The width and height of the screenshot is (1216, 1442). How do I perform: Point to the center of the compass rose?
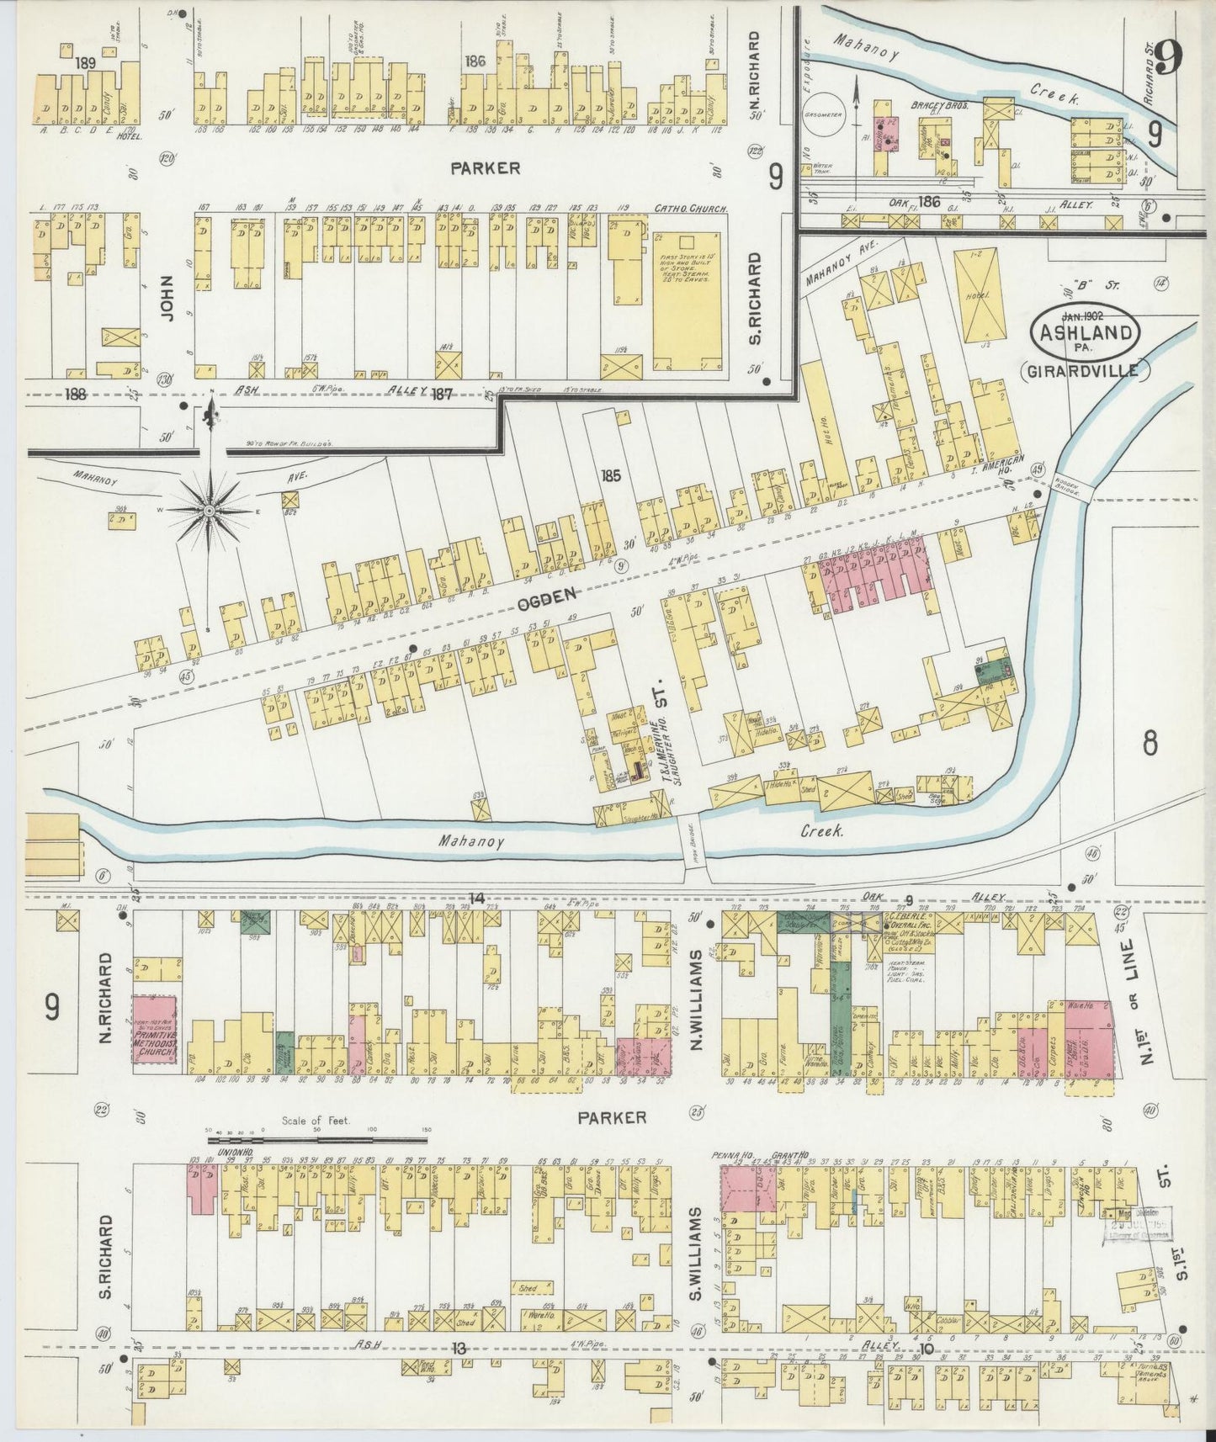point(209,510)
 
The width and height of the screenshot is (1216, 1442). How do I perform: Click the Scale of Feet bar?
point(317,1141)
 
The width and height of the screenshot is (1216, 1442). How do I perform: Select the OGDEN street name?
point(546,595)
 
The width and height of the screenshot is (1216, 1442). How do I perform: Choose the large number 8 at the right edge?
point(1150,744)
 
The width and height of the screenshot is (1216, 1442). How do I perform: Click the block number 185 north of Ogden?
point(610,475)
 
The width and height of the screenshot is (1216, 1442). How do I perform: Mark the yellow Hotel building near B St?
point(980,294)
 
